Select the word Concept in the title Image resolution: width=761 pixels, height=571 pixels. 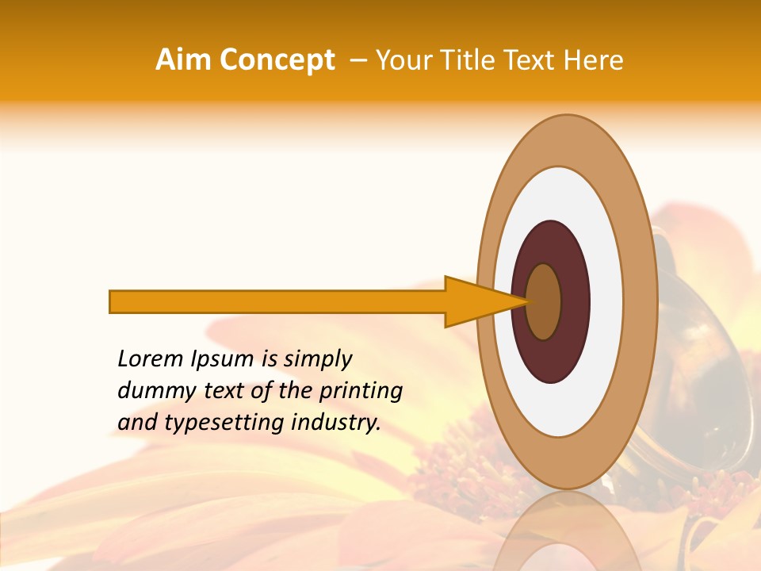point(277,60)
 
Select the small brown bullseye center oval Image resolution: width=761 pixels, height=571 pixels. point(544,301)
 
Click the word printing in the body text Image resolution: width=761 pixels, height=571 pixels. point(361,392)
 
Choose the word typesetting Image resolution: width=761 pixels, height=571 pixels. point(224,423)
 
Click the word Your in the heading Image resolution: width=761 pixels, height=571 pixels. point(403,60)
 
